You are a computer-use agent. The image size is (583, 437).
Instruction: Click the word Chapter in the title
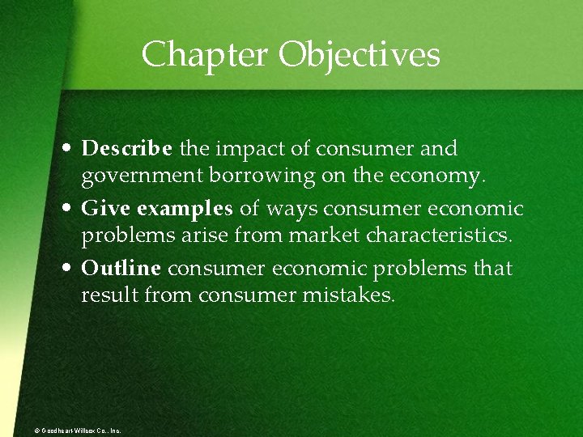point(206,55)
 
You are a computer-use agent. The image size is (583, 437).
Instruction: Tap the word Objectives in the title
point(360,55)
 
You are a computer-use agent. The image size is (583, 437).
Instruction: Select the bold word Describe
point(127,149)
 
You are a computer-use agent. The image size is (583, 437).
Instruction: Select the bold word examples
point(185,210)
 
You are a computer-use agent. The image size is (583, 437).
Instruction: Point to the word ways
point(292,209)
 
